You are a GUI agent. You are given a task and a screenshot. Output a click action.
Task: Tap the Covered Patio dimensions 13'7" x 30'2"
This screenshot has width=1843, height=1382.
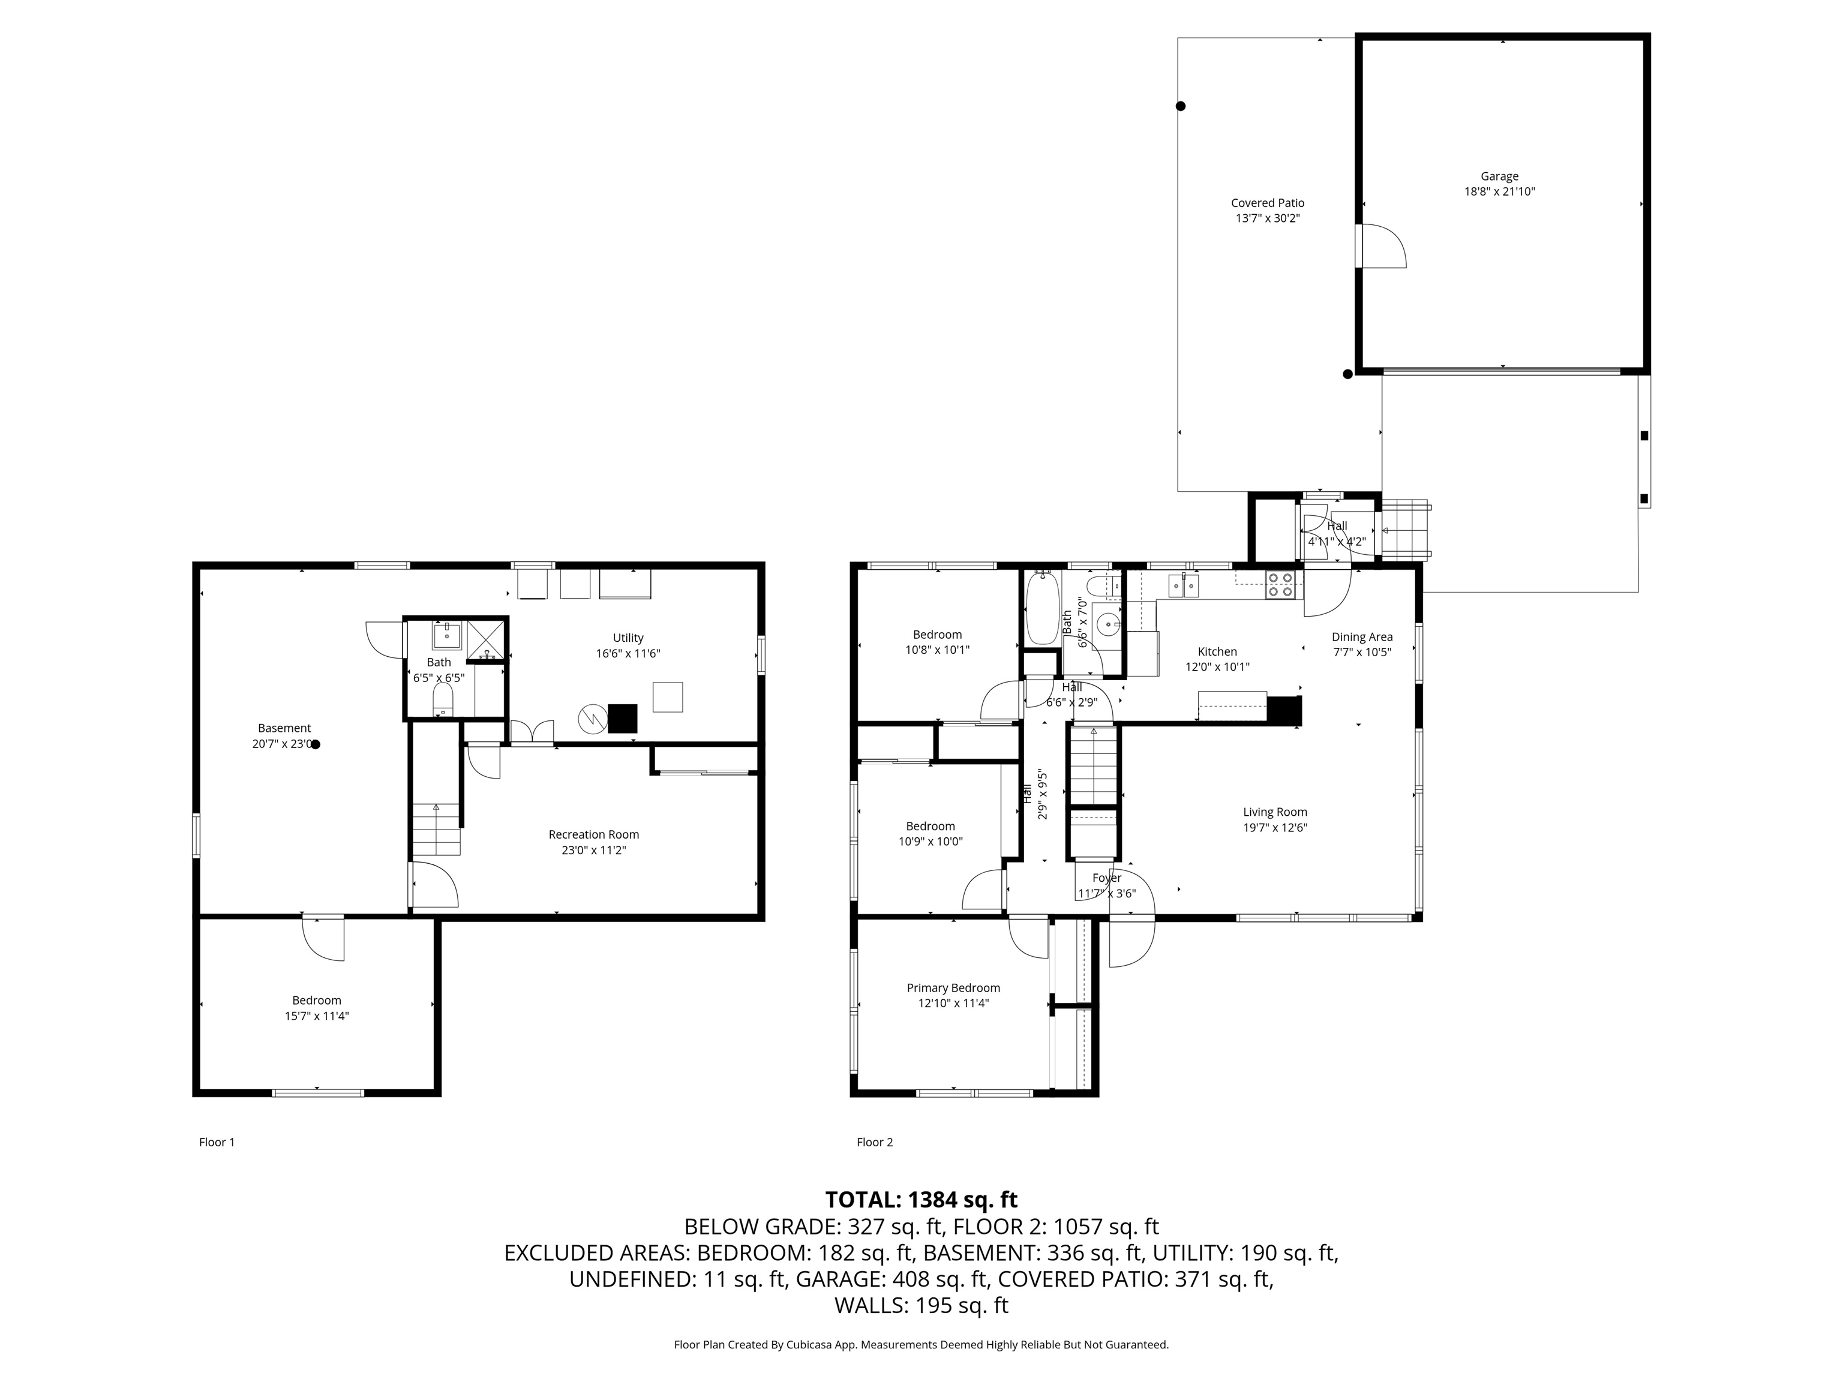(x=1267, y=219)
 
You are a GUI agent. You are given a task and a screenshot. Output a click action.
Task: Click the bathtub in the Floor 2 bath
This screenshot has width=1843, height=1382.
(x=1041, y=608)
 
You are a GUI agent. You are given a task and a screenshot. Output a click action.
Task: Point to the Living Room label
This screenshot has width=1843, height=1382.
(x=1275, y=812)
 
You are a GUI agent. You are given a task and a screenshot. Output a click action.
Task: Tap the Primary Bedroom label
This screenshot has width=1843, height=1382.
(x=953, y=988)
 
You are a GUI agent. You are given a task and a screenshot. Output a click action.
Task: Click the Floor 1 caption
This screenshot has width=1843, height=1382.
(x=217, y=1142)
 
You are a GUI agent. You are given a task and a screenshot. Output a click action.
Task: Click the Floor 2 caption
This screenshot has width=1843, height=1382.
(x=874, y=1142)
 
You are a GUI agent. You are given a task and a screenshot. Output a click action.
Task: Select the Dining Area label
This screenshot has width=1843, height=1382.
(x=1361, y=637)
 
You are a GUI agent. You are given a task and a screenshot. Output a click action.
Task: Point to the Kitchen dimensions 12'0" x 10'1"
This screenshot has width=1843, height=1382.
(x=1217, y=667)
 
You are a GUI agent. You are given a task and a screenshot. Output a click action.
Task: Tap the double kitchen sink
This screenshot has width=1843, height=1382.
(x=1183, y=585)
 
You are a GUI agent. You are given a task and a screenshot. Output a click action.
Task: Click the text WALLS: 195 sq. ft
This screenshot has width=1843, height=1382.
(x=921, y=1305)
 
